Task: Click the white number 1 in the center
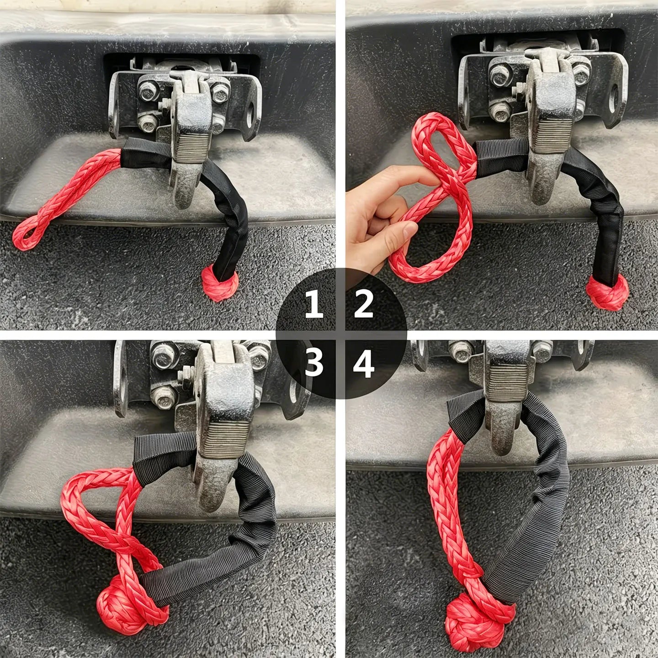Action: point(313,305)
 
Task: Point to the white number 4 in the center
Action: point(364,365)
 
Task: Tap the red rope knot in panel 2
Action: point(607,292)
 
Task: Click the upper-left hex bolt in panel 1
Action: point(149,91)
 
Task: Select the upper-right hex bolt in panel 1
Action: point(220,93)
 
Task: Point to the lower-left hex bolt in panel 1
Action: point(148,123)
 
